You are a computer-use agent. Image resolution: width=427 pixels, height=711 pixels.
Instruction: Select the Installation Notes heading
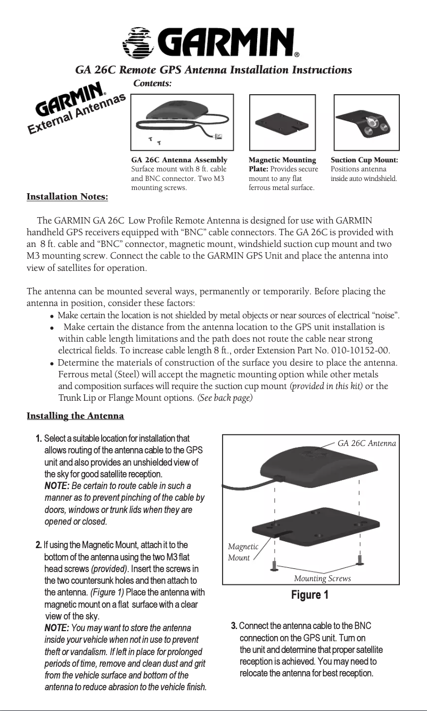tap(68, 197)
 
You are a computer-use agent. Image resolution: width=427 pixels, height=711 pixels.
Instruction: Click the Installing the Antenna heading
tap(75, 415)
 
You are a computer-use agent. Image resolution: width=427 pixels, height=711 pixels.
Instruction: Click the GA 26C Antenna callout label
tap(367, 443)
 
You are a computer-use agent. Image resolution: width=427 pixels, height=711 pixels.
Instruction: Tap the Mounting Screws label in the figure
tap(322, 578)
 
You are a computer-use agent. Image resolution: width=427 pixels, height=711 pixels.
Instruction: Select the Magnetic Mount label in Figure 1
tap(243, 552)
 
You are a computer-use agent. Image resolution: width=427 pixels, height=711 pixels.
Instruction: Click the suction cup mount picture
tap(366, 123)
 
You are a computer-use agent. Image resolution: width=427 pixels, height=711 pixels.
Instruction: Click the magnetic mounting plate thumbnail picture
tap(282, 123)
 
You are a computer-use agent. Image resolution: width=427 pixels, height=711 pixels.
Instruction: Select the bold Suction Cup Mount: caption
tap(364, 160)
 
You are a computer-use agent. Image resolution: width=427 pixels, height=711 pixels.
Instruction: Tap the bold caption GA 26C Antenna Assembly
tap(179, 160)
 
